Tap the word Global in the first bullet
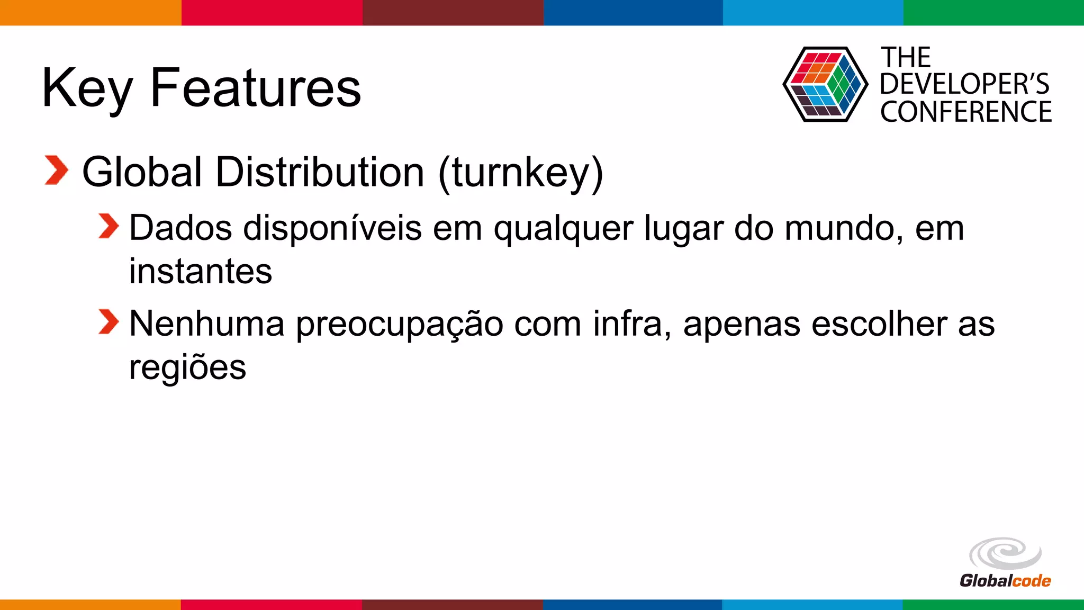coord(142,172)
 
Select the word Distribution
coord(320,172)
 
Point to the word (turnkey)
coord(521,173)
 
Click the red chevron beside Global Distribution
coord(57,171)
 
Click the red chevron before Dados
coord(109,227)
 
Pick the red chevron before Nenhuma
coord(109,322)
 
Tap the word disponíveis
coord(332,228)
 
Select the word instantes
coord(201,271)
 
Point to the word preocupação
coord(399,324)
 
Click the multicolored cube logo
coord(825,84)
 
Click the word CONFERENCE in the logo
coord(966,112)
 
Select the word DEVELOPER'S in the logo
coord(964,84)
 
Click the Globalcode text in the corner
coord(1005,581)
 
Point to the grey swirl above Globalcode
coord(1005,554)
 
